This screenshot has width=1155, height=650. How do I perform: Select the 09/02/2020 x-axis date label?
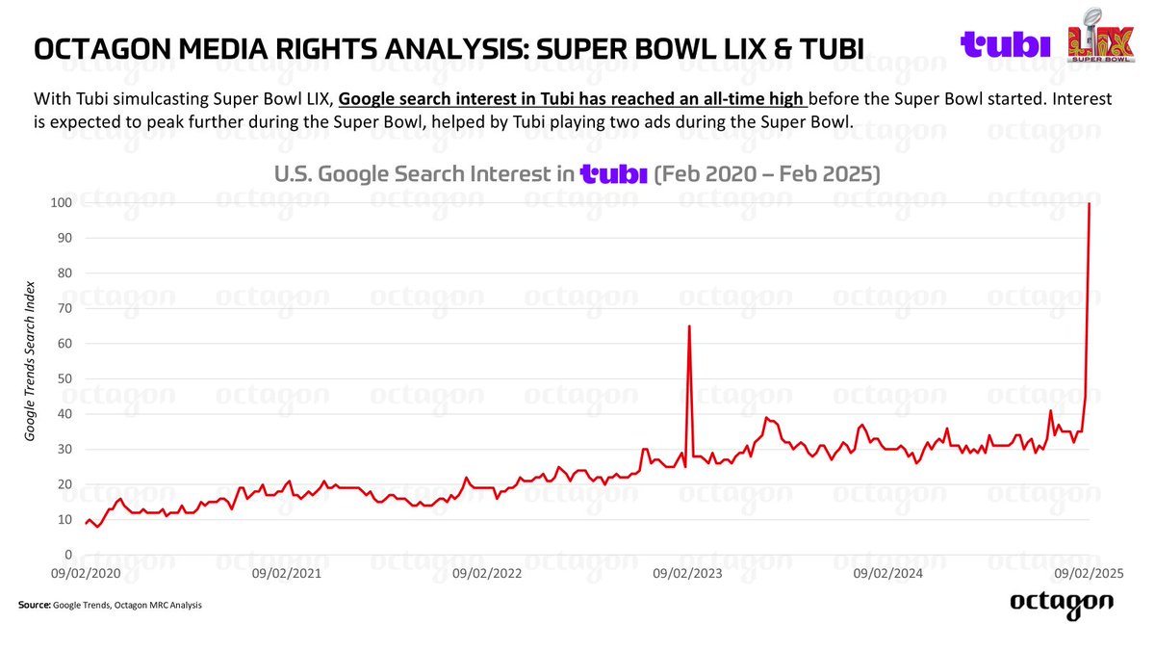tap(85, 573)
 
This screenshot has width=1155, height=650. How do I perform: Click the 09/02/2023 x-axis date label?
tap(687, 573)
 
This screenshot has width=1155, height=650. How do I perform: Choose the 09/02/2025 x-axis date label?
tap(1089, 573)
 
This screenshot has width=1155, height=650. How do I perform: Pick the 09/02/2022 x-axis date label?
tap(486, 573)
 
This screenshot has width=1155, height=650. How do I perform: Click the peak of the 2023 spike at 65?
tap(689, 326)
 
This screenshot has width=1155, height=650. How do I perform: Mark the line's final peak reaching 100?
tap(1089, 203)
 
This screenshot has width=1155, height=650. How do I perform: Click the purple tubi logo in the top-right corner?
tap(1006, 44)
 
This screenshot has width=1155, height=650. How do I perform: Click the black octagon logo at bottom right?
tap(1062, 603)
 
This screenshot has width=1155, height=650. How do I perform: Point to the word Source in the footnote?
tap(34, 605)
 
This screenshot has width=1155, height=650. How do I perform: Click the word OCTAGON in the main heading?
tap(90, 47)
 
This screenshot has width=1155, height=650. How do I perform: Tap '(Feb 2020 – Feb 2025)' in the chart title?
tap(766, 174)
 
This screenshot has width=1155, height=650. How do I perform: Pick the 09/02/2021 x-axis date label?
tap(285, 573)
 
